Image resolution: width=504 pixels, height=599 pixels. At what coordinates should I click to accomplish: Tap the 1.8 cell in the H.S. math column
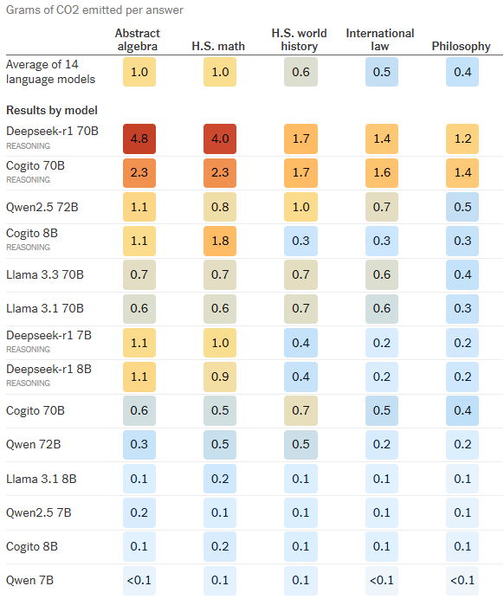(x=220, y=241)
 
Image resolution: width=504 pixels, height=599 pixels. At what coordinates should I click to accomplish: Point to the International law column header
(x=379, y=40)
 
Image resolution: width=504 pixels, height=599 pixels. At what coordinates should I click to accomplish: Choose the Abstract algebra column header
(x=138, y=40)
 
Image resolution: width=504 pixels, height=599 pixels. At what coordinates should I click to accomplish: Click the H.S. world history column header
(x=300, y=40)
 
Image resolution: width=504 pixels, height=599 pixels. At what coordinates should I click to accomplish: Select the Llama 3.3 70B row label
(x=44, y=274)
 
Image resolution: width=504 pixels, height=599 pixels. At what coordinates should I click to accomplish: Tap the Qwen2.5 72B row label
(x=42, y=207)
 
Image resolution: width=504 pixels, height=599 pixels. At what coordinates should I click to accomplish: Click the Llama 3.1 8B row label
(x=41, y=477)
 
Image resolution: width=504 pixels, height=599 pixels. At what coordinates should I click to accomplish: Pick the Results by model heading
(x=52, y=111)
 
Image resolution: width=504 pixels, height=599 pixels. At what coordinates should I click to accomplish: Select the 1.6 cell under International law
(x=381, y=173)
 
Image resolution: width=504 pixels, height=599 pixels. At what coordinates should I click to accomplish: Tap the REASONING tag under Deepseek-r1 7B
(x=28, y=349)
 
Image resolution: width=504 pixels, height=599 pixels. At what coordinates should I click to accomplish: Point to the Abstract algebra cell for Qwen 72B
(x=139, y=443)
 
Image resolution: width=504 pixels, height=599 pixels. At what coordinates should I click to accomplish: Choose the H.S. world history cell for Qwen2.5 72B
(x=300, y=207)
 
